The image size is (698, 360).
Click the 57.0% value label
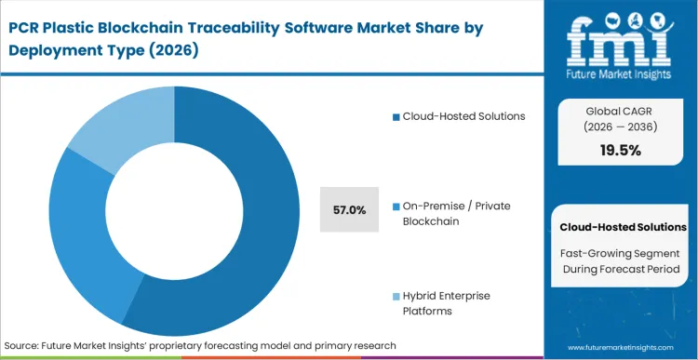[x=349, y=210]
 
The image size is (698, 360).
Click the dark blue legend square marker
[x=396, y=116]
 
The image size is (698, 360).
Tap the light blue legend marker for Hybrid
[x=396, y=296]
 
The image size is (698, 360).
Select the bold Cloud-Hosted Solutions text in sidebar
[x=623, y=227]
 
